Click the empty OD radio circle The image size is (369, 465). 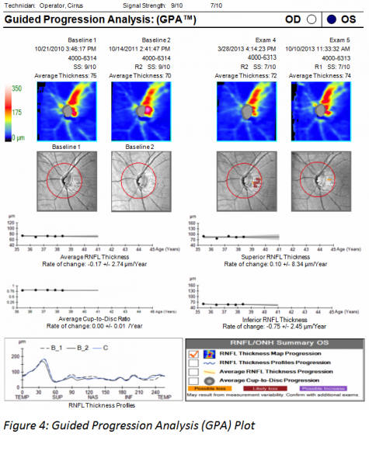pos(312,18)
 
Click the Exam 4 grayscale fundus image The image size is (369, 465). pos(243,179)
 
